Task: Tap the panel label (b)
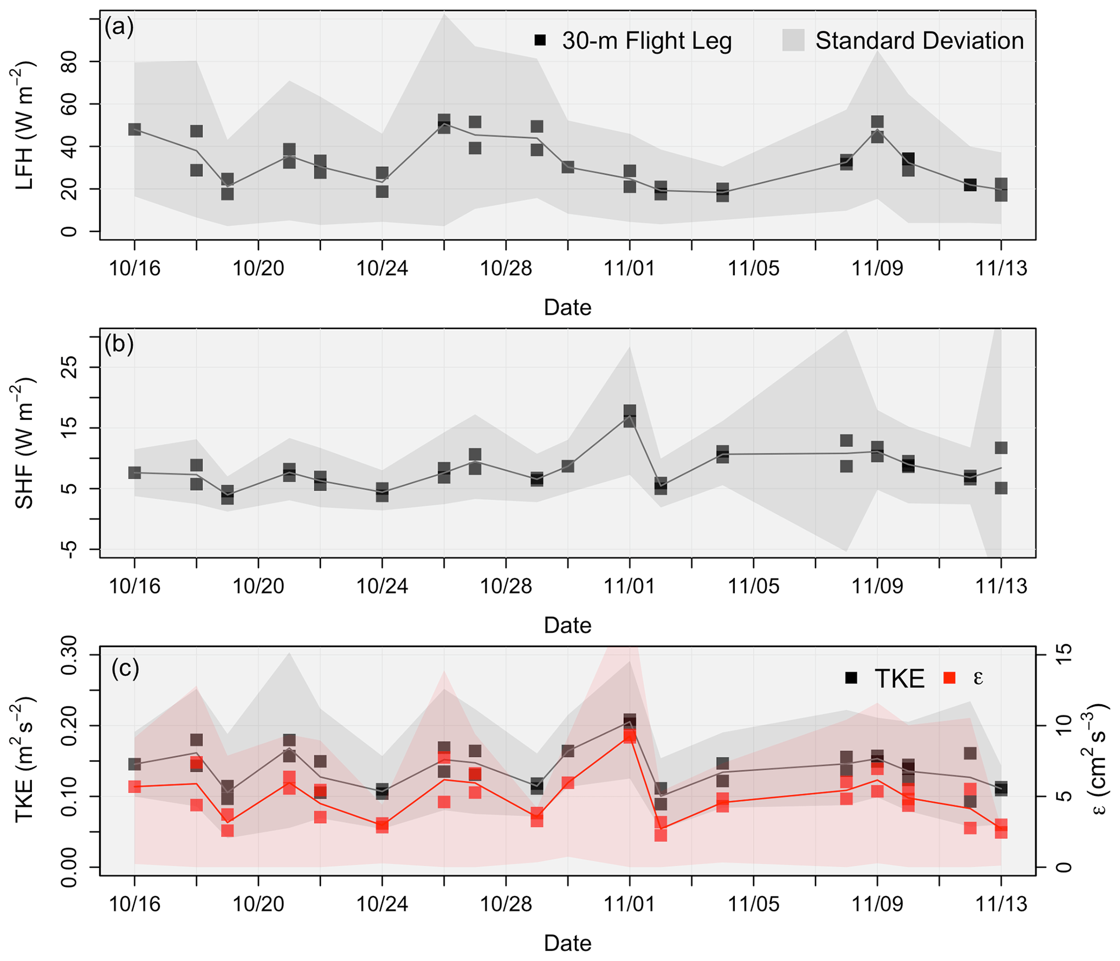(119, 345)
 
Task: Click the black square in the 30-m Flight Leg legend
(540, 40)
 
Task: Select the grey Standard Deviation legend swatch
(793, 40)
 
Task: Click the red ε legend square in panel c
(949, 678)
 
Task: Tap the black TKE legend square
(851, 678)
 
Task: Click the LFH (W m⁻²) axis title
(25, 126)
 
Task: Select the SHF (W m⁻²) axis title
(25, 443)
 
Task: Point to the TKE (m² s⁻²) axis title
(25, 759)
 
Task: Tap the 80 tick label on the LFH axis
(69, 62)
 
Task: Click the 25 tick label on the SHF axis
(69, 367)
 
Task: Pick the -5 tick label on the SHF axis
(69, 549)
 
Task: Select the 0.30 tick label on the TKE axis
(69, 654)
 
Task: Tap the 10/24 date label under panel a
(382, 269)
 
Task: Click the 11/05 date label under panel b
(753, 586)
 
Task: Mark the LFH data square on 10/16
(134, 129)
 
